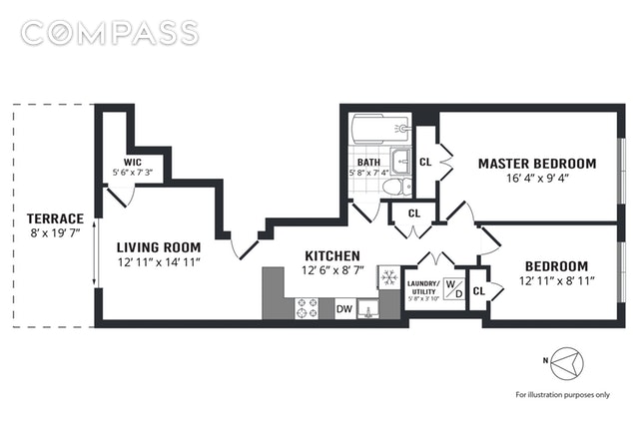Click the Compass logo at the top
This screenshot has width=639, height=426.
[x=109, y=33]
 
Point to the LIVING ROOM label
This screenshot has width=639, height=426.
[x=158, y=246]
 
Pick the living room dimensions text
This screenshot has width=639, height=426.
[x=158, y=262]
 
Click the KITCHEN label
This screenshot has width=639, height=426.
[x=331, y=255]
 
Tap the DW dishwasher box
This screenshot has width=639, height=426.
[x=343, y=309]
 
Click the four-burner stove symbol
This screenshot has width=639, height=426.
[x=307, y=308]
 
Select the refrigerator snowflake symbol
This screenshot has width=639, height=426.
[x=388, y=276]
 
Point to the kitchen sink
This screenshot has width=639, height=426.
[x=368, y=309]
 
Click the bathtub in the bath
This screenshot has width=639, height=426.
[x=379, y=128]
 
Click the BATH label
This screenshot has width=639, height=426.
[x=368, y=163]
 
